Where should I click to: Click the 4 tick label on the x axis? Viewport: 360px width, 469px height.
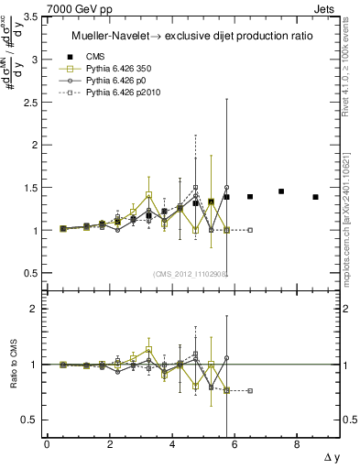pyautogui.click(x=171, y=444)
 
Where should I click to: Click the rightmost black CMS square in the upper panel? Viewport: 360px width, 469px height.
pyautogui.click(x=315, y=197)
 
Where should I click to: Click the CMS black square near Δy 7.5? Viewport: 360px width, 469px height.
pyautogui.click(x=281, y=191)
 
